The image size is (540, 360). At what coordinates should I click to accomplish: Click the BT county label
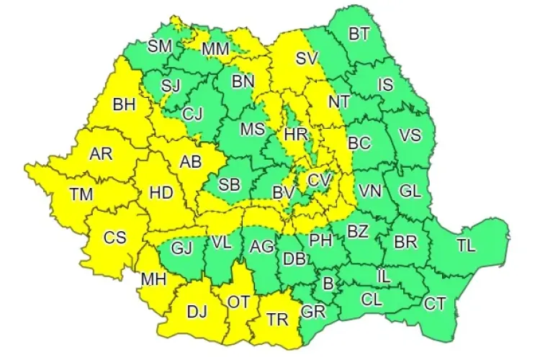pyautogui.click(x=358, y=34)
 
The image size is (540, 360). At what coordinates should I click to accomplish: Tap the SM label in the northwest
pyautogui.click(x=160, y=47)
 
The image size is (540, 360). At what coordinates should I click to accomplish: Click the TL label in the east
pyautogui.click(x=466, y=245)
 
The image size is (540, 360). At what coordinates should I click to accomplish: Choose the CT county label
pyautogui.click(x=434, y=304)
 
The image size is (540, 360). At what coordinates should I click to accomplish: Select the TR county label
pyautogui.click(x=277, y=318)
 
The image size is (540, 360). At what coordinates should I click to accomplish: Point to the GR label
pyautogui.click(x=312, y=312)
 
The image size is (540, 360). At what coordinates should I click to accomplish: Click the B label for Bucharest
pyautogui.click(x=328, y=284)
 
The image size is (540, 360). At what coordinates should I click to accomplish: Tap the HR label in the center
pyautogui.click(x=296, y=135)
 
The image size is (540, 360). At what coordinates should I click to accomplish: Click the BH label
pyautogui.click(x=124, y=105)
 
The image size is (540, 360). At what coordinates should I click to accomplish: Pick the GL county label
pyautogui.click(x=410, y=192)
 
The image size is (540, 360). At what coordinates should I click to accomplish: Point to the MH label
pyautogui.click(x=153, y=277)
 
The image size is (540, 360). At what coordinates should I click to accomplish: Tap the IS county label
pyautogui.click(x=386, y=86)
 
